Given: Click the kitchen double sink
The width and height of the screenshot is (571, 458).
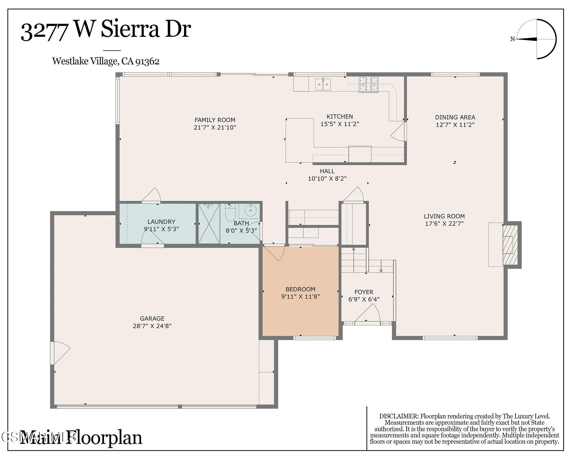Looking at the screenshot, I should (323, 84).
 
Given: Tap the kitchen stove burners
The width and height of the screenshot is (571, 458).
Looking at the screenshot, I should (369, 84).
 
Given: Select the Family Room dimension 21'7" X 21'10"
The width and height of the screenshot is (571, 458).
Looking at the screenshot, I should (215, 128).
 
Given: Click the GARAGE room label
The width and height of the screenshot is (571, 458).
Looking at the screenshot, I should (152, 318).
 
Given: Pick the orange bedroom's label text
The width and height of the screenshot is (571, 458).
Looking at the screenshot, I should (300, 289).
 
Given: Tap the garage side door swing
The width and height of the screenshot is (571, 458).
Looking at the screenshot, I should (60, 353).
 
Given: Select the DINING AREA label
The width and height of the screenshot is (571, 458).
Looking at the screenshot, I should (455, 117).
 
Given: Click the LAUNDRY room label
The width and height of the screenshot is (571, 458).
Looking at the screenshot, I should (161, 222).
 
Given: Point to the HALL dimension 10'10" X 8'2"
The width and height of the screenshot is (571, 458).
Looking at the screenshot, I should (327, 179).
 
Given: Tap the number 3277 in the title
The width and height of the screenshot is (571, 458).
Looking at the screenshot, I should (45, 31).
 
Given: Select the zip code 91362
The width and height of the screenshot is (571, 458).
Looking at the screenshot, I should (147, 61).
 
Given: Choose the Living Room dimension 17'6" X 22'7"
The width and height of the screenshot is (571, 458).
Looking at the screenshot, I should (444, 224).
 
